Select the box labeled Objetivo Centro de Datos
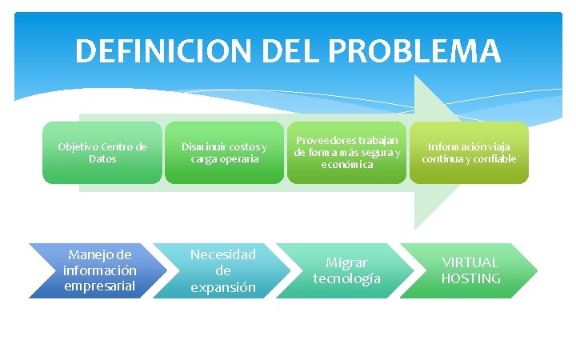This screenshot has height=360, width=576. pyautogui.click(x=102, y=153)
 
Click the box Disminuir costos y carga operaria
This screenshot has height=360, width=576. pyautogui.click(x=224, y=153)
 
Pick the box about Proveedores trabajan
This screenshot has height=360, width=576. pyautogui.click(x=346, y=152)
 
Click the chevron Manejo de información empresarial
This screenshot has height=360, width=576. pyautogui.click(x=99, y=271)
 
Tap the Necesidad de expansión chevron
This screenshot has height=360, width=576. pyautogui.click(x=222, y=271)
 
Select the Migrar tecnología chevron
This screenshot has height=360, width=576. pyautogui.click(x=346, y=270)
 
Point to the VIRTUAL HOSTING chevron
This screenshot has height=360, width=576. pyautogui.click(x=470, y=270)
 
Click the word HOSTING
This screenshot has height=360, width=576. pyautogui.click(x=470, y=278)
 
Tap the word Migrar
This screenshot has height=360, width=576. pyautogui.click(x=346, y=262)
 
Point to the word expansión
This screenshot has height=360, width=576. pyautogui.click(x=222, y=287)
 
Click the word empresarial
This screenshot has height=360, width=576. pyautogui.click(x=100, y=286)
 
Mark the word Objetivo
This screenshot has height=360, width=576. pyautogui.click(x=77, y=147)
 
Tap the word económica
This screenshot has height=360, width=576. pyautogui.click(x=346, y=164)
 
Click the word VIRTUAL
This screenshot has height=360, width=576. pyautogui.click(x=470, y=262)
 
